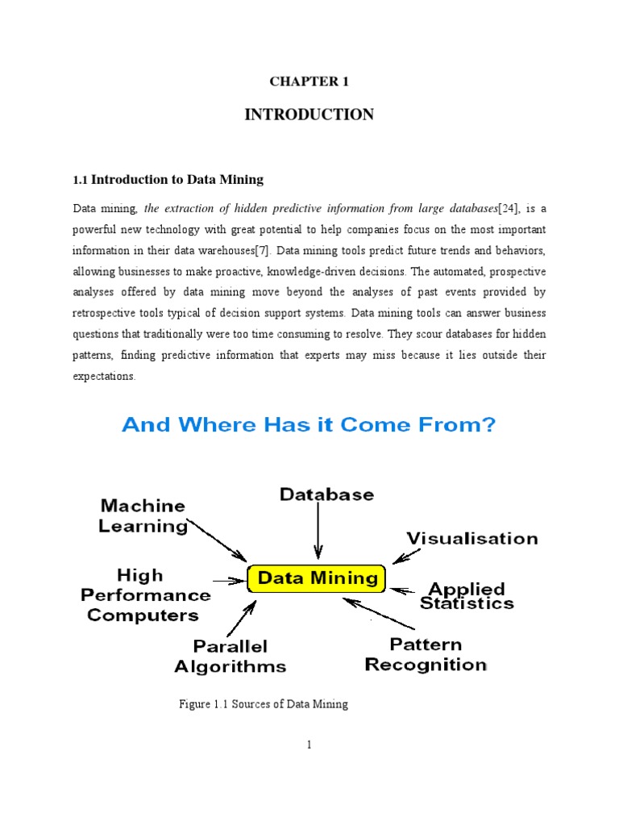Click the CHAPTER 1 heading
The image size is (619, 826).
[309, 81]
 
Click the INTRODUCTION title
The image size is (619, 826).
[309, 115]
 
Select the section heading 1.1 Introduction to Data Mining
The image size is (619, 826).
[168, 179]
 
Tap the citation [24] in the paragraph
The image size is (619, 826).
[509, 208]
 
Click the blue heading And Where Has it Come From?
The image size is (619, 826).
[309, 424]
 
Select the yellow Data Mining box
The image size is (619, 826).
[316, 578]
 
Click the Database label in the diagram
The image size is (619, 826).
[326, 494]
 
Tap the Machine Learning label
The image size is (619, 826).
[143, 516]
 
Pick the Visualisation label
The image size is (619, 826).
[472, 538]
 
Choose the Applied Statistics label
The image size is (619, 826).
[467, 595]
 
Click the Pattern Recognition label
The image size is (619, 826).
[426, 654]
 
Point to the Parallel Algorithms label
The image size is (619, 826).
[231, 657]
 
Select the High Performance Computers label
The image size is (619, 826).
[148, 595]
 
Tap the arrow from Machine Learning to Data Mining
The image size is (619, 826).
[218, 540]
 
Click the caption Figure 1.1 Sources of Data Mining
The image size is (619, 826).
[264, 704]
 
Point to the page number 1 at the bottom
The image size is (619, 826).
[309, 745]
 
